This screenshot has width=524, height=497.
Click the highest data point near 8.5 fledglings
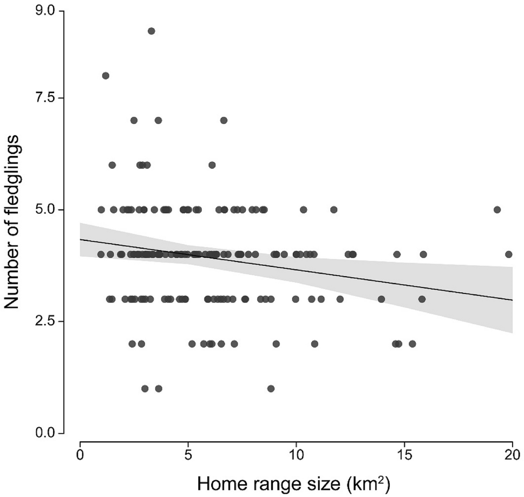pos(152,31)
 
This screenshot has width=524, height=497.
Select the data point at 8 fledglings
pos(106,75)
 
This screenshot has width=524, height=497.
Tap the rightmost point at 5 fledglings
pos(497,210)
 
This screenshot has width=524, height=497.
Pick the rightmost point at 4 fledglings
pos(508,254)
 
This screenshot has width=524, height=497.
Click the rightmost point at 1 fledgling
pos(271,388)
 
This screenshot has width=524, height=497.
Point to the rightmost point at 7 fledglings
pos(224,120)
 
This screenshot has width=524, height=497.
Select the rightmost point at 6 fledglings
pos(212,165)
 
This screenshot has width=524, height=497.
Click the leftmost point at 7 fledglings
pos(134,120)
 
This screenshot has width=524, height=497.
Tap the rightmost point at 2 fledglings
pos(412,343)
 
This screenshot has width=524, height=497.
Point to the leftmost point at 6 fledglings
pos(112,165)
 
